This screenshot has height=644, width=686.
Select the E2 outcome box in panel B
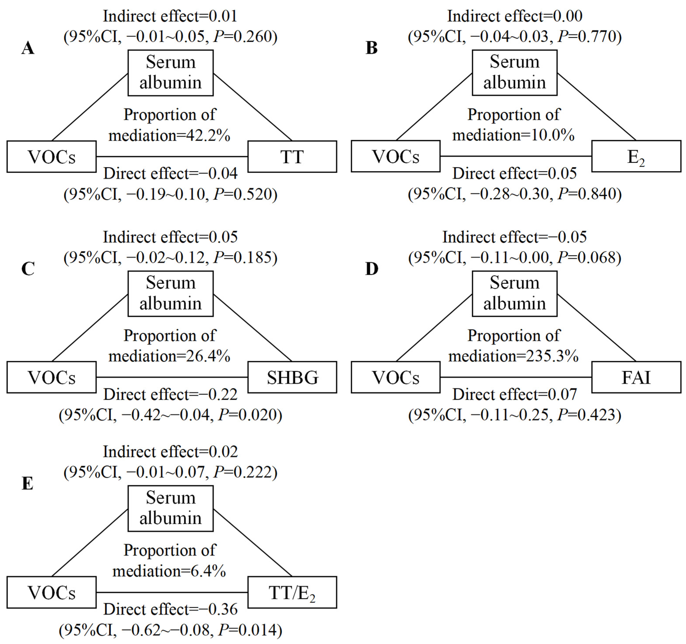pos(636,156)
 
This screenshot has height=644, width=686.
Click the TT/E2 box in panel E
pos(292,592)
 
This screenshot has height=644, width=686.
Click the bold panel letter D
pos(372,269)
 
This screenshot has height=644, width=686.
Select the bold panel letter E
pos(28,483)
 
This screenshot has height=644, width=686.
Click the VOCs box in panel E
pos(51,592)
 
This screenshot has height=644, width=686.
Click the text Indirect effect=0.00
pos(515,16)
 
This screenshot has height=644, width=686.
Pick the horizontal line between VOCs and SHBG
pos(172,377)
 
